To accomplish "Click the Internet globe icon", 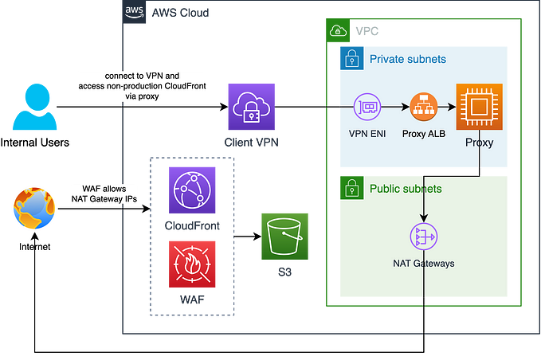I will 34,209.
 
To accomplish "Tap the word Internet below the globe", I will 34,248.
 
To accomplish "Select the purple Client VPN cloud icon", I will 251,106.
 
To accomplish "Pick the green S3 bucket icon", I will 284,237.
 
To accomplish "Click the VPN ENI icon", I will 368,106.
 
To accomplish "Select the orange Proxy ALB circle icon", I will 423,106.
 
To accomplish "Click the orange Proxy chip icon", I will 480,106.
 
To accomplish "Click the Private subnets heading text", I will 407,59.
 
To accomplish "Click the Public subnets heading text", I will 406,189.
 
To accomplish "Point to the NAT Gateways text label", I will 424,264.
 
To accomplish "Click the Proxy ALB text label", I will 423,133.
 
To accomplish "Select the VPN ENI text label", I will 368,133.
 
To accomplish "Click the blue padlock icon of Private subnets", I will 350,58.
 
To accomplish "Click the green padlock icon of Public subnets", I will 350,188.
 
